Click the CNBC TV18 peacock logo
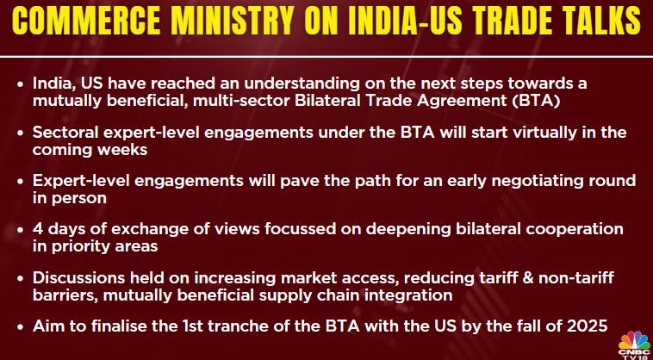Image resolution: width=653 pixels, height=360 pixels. click(634, 344)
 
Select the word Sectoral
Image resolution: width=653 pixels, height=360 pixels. click(64, 133)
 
